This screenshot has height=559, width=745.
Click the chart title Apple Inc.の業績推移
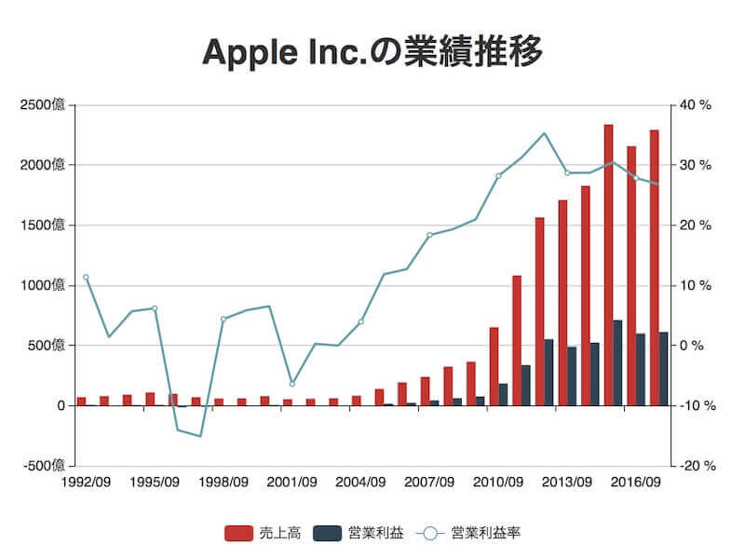coord(372,52)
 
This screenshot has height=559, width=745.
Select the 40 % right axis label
coord(696,105)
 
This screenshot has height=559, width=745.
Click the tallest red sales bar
coord(608,266)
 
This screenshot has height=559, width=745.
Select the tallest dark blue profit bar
coord(617,363)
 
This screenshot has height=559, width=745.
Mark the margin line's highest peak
coord(545,133)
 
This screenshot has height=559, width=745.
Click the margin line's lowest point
coord(200,436)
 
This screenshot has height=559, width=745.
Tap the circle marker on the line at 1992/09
coord(86,277)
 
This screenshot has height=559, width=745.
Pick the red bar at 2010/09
coord(494,366)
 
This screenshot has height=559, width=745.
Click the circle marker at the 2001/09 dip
coord(291,384)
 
